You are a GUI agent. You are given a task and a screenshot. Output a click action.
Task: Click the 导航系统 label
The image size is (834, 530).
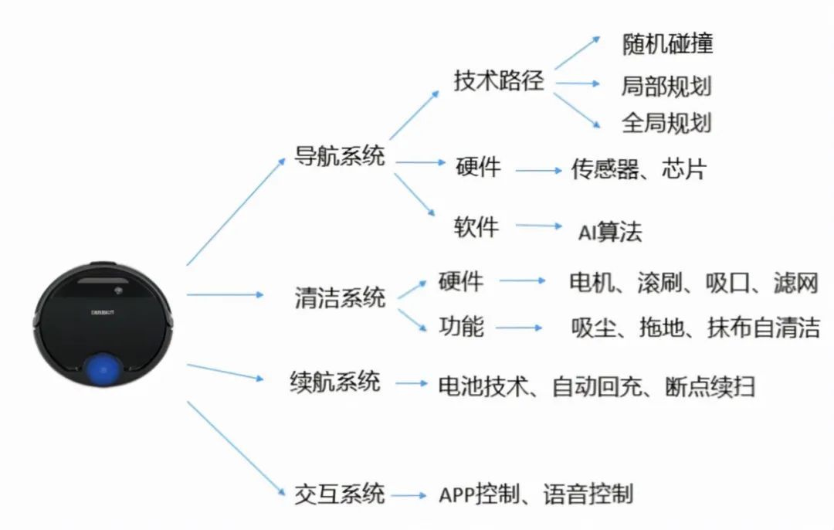[x=339, y=155]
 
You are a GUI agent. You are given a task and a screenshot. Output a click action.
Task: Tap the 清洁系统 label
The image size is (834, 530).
[x=340, y=297]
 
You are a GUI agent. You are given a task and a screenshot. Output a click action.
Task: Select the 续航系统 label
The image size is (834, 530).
[x=335, y=382]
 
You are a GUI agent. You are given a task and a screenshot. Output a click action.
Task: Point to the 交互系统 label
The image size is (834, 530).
[x=339, y=493]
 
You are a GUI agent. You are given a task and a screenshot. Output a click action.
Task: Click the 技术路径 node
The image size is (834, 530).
[x=499, y=81]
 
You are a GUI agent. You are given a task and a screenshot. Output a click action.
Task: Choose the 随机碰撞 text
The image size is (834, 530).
[x=667, y=43]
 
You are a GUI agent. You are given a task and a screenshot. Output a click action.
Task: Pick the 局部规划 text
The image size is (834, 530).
[x=666, y=86]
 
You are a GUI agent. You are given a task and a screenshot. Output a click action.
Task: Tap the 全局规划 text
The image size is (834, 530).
[x=666, y=122]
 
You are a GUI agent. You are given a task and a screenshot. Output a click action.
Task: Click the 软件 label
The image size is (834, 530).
[x=476, y=227]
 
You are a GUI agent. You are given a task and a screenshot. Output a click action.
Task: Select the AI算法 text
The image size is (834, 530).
[x=610, y=232]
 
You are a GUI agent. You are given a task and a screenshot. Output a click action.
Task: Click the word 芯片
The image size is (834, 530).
[x=684, y=169]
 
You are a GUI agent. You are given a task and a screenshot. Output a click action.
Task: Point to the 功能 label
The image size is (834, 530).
[x=461, y=326]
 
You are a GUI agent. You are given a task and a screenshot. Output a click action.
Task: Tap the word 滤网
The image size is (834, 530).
[x=795, y=282]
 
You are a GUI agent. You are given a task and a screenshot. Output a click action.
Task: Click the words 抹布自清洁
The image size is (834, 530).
[x=764, y=328]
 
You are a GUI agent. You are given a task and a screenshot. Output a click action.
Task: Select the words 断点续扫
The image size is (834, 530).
[x=710, y=386]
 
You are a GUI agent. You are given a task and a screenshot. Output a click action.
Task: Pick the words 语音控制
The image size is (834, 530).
[x=588, y=494]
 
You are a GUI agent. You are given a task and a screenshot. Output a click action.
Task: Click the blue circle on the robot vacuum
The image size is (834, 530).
[x=103, y=369]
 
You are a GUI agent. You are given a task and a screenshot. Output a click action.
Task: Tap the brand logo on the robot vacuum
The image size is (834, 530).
[x=103, y=312]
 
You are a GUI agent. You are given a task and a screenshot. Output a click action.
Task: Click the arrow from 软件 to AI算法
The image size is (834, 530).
[x=539, y=226]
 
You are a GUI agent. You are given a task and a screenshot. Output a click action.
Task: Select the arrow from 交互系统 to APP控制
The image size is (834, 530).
[x=409, y=495]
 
